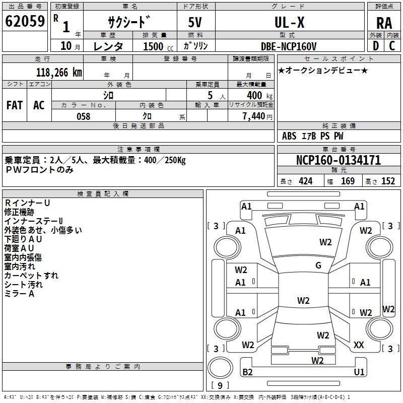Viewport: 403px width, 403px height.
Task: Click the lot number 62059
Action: pyautogui.click(x=25, y=21)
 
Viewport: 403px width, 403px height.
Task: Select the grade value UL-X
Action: pyautogui.click(x=289, y=22)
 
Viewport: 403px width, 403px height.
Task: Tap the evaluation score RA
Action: pyautogui.click(x=384, y=23)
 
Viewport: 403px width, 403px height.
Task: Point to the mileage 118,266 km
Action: pyautogui.click(x=59, y=73)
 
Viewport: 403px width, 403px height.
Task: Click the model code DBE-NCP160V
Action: pyautogui.click(x=289, y=46)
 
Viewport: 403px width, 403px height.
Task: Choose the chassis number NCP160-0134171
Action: pyautogui.click(x=339, y=160)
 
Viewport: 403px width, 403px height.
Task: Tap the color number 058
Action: pyautogui.click(x=84, y=116)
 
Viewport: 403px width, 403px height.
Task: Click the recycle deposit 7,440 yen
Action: pyautogui.click(x=257, y=116)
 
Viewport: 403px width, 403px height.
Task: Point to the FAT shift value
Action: pyautogui.click(x=15, y=105)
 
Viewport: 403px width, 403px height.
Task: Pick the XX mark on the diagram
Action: pyautogui.click(x=359, y=345)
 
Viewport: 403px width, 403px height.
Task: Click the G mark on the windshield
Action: pyautogui.click(x=318, y=265)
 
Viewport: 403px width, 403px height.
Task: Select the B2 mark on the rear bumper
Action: pyautogui.click(x=247, y=372)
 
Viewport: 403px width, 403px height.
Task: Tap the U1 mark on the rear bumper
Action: pyautogui.click(x=359, y=372)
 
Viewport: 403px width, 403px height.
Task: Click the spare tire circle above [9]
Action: pyautogui.click(x=220, y=368)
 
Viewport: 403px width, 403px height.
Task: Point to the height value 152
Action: pyautogui.click(x=388, y=181)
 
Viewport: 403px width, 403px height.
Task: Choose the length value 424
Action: pyautogui.click(x=306, y=181)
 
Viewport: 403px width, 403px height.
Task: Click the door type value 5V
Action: pyautogui.click(x=195, y=22)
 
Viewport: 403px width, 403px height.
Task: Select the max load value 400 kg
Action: pyautogui.click(x=259, y=95)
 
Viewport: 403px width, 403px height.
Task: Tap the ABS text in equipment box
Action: pyautogui.click(x=289, y=136)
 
